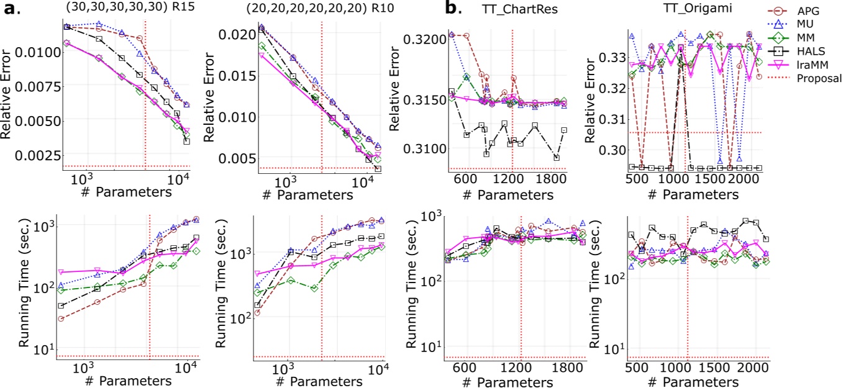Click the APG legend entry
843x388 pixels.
coord(804,11)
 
